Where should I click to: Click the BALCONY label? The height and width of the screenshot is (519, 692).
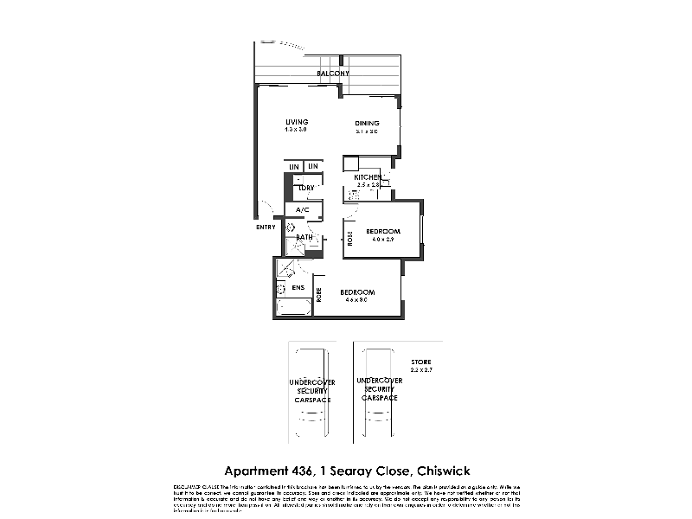tap(333, 74)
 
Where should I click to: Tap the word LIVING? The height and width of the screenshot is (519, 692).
tap(298, 121)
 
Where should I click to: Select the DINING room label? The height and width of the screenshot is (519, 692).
tap(367, 124)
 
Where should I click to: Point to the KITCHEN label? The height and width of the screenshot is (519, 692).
tap(368, 177)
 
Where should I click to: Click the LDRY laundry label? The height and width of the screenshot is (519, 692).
tap(305, 188)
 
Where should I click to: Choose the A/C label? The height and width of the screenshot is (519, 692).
tap(303, 209)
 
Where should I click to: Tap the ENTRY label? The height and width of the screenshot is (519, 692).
tap(266, 227)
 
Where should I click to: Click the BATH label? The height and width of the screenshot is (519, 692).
tap(304, 237)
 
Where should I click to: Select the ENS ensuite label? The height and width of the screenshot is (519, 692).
tap(298, 288)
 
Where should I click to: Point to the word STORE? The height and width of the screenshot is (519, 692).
tap(421, 361)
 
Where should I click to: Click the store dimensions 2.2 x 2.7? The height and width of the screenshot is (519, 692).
tap(421, 369)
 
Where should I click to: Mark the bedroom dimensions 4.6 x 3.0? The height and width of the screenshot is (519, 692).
tap(356, 299)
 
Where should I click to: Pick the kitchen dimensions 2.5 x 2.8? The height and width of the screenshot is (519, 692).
tap(369, 185)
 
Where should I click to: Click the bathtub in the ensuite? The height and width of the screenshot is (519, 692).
tap(292, 306)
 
